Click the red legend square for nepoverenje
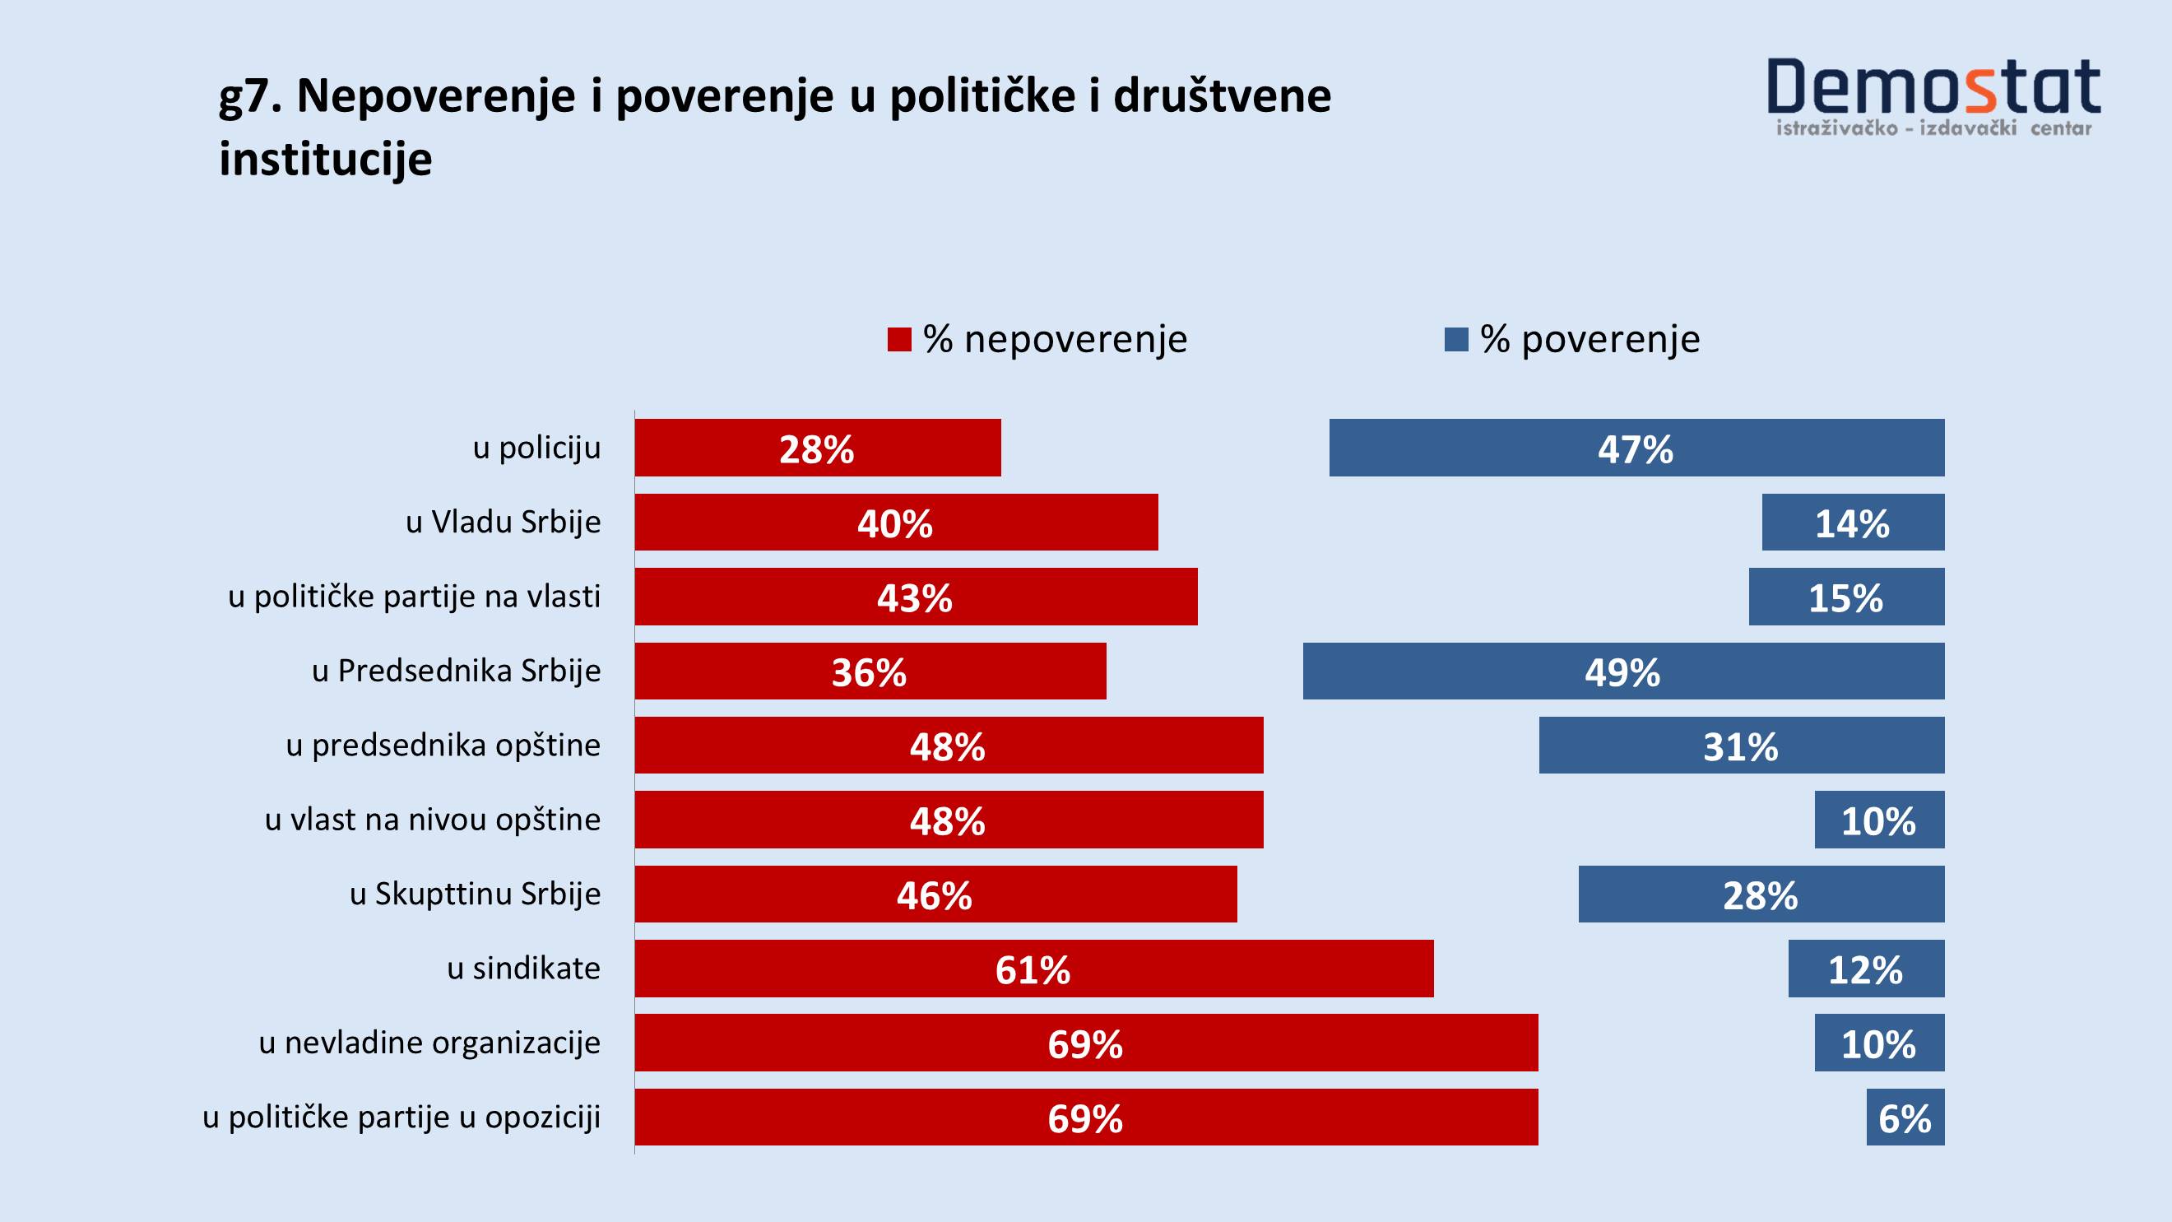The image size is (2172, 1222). point(898,340)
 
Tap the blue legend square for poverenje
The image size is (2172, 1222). point(1456,340)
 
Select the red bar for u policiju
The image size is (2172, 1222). point(817,448)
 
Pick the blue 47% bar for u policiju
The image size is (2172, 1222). point(1636,448)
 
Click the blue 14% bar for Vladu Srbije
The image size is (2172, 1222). point(1853,522)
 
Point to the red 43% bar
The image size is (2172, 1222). point(916,597)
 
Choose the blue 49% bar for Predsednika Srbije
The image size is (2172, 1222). point(1623,671)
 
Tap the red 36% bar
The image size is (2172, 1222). point(870,671)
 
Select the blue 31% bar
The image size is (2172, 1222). point(1741,746)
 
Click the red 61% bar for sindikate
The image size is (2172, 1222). point(1033,969)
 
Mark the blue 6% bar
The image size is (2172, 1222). point(1905,1117)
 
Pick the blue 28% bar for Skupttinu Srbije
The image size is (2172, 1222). point(1761,894)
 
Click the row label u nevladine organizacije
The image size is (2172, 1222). point(430,1043)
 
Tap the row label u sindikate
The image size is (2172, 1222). point(523,969)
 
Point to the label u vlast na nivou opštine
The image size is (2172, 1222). point(433,820)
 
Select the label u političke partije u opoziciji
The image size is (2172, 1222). point(401,1117)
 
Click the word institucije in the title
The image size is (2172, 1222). point(326,159)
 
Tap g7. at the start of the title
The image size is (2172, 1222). point(250,97)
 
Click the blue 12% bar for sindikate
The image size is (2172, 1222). point(1866,969)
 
